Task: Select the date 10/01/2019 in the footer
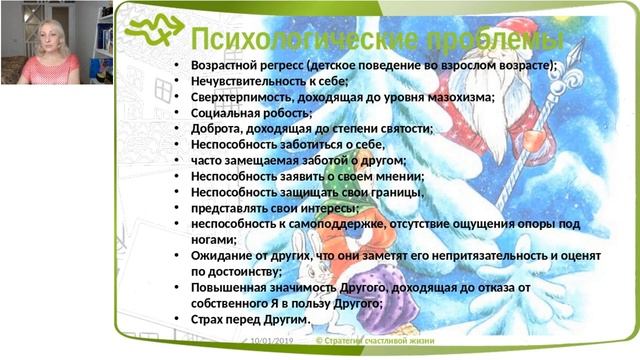click(x=271, y=341)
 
